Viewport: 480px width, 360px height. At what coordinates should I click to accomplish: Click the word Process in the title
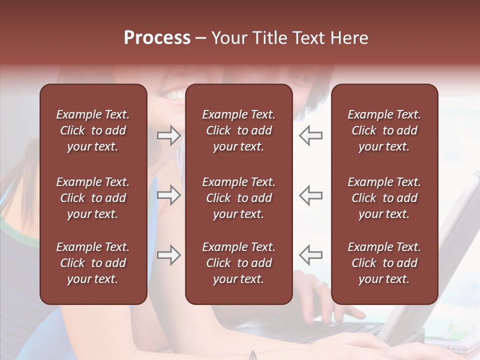[157, 38]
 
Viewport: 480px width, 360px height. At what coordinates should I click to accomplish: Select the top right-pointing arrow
[168, 135]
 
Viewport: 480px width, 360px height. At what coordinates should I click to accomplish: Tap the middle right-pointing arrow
[168, 195]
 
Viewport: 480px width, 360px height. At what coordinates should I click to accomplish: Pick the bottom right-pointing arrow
[168, 255]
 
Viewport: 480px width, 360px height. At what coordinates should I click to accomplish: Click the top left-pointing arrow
[310, 135]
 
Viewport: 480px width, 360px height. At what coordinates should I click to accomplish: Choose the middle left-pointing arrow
[310, 195]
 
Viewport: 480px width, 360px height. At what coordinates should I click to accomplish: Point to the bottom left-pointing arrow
[310, 254]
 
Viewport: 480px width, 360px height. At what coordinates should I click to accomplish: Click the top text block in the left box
[93, 130]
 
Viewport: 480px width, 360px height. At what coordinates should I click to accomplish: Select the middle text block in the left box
[93, 198]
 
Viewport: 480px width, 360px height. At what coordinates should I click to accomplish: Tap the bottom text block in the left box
[93, 263]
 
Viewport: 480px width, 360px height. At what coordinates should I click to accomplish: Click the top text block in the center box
[238, 130]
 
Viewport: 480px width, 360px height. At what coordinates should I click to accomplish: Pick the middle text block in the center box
[238, 198]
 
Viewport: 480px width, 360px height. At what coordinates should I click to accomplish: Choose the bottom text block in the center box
[238, 263]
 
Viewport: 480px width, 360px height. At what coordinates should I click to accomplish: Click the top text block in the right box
[384, 130]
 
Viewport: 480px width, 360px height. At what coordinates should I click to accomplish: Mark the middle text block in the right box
[384, 198]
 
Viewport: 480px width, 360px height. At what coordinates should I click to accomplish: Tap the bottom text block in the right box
[384, 263]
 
